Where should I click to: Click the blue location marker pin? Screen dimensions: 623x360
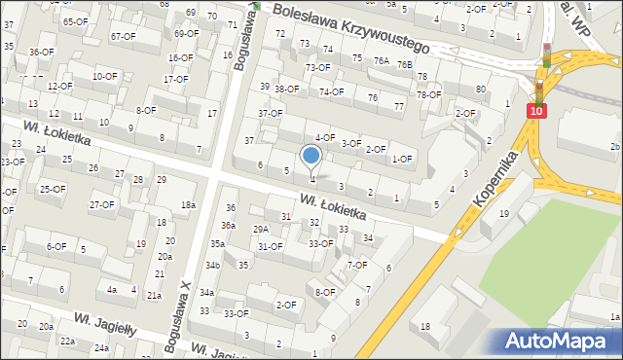coord(311,156)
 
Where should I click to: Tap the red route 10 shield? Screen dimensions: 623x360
coord(536,112)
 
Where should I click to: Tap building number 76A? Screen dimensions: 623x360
coord(382,60)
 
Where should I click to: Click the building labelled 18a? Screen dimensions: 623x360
coord(188,204)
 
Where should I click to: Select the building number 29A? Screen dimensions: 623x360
coord(261,229)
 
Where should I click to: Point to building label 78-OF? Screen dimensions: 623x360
coord(428,94)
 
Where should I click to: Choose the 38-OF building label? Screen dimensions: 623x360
coord(286,90)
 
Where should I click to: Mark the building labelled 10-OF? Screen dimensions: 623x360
coord(104,76)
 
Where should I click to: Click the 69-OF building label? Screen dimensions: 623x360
coord(186,33)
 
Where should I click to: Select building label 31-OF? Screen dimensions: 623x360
coord(270,246)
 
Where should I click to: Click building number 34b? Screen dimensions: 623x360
coord(212,266)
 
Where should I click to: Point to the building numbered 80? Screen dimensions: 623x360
coord(481,90)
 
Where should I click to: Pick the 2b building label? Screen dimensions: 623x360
coord(613,147)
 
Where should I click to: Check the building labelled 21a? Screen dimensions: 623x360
coord(154,295)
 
